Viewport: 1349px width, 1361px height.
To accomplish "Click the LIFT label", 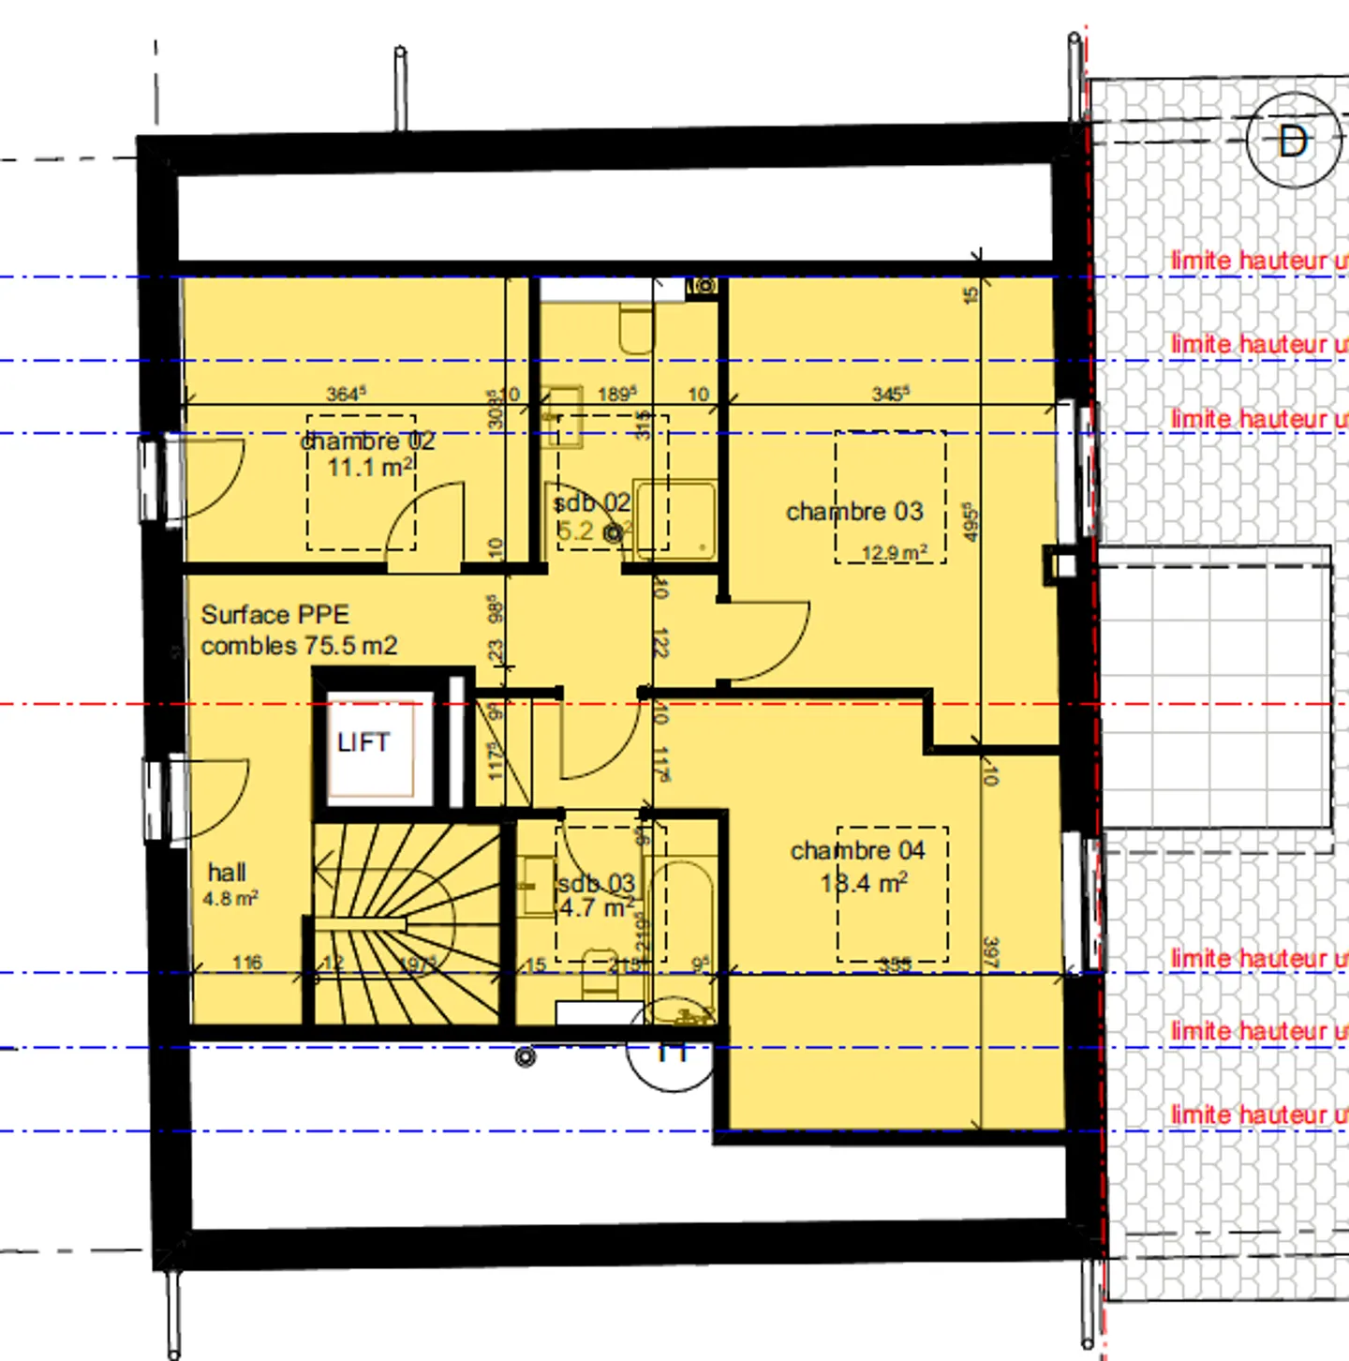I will (x=363, y=742).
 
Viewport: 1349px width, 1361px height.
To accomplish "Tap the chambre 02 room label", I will (x=368, y=441).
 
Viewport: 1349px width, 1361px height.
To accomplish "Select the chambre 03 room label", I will (x=854, y=512).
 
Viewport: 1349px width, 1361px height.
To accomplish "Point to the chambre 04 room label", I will (x=857, y=850).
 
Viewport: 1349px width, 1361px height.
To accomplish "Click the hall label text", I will (x=227, y=873).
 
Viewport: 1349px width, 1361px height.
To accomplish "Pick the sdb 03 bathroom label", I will (x=597, y=884).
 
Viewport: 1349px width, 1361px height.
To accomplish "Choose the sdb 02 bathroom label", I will (x=592, y=503).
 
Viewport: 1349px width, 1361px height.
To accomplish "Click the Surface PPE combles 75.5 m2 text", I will (x=298, y=630).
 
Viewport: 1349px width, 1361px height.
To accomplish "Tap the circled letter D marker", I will (x=1293, y=142).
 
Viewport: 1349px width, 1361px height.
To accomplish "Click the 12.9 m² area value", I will (x=894, y=553).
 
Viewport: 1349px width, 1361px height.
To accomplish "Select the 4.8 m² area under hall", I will (x=230, y=899).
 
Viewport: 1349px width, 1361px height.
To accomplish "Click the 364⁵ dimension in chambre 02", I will (x=346, y=394).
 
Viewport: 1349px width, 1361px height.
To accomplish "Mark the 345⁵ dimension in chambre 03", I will (x=890, y=394).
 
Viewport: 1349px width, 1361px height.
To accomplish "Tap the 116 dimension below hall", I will (x=247, y=963).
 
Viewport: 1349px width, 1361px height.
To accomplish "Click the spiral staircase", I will (x=408, y=923).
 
